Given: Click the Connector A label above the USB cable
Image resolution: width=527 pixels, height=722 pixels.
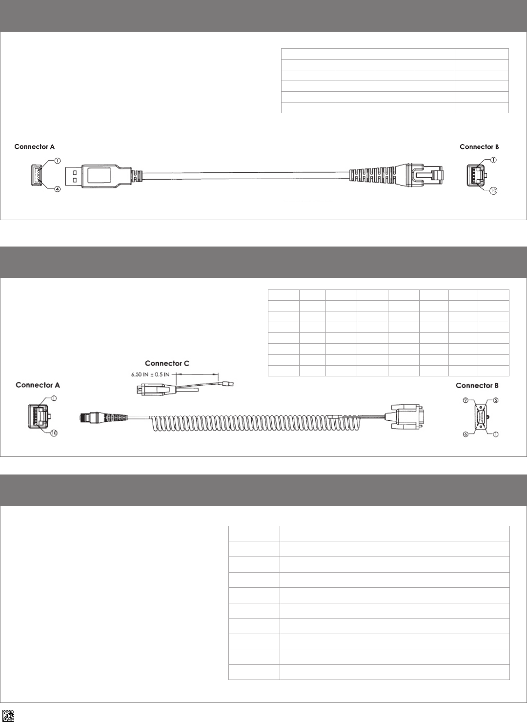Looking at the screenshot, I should point(34,146).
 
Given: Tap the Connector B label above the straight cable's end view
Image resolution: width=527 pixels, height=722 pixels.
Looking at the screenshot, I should point(479,146).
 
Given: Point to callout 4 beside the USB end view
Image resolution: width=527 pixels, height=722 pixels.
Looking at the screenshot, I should point(57,189).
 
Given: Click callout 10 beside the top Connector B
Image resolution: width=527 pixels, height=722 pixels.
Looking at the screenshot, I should point(493,191).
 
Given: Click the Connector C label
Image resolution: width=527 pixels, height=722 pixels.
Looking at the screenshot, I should point(167,363).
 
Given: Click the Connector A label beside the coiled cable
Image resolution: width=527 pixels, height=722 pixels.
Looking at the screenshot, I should point(38,385).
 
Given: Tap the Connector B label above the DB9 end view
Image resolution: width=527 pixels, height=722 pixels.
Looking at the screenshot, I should point(477,386).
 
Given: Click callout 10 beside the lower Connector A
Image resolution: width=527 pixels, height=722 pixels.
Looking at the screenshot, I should point(54,433).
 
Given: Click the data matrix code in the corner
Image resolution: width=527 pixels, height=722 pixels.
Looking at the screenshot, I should point(8,715).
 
